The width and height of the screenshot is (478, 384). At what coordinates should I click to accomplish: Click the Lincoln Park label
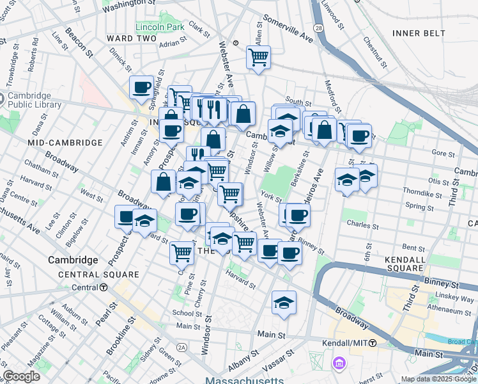(159, 27)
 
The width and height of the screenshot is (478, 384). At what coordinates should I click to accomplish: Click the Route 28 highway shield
(318, 29)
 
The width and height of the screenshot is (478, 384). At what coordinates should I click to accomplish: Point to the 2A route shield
(182, 347)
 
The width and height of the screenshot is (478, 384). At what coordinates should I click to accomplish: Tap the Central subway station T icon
(103, 287)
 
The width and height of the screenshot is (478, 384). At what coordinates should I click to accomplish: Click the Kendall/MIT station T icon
(372, 344)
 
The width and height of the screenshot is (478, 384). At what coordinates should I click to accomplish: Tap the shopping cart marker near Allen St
(258, 57)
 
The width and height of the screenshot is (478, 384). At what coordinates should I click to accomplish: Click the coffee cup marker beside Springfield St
(142, 87)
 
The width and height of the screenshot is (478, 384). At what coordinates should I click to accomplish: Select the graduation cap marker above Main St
(284, 302)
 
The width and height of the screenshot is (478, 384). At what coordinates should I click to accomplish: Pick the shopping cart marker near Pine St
(182, 253)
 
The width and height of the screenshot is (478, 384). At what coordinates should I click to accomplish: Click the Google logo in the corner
(21, 376)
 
